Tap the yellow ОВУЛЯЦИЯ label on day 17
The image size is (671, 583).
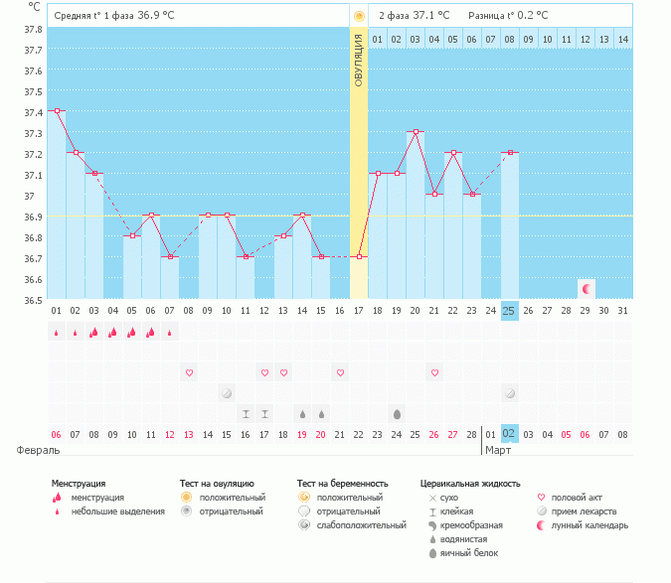point(359,60)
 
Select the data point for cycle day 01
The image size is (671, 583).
point(57,111)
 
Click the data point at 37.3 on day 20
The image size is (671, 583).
point(416,131)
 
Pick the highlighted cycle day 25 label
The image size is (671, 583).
point(509,312)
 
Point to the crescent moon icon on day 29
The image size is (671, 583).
point(587,289)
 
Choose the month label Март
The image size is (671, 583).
point(498,450)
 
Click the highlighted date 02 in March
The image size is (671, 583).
point(509,434)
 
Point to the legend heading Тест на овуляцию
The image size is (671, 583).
point(217,483)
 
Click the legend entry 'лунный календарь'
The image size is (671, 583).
point(590,525)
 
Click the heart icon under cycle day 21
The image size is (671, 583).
point(434,372)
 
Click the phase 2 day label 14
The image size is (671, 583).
point(622,39)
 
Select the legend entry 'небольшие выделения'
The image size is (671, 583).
point(118,511)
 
